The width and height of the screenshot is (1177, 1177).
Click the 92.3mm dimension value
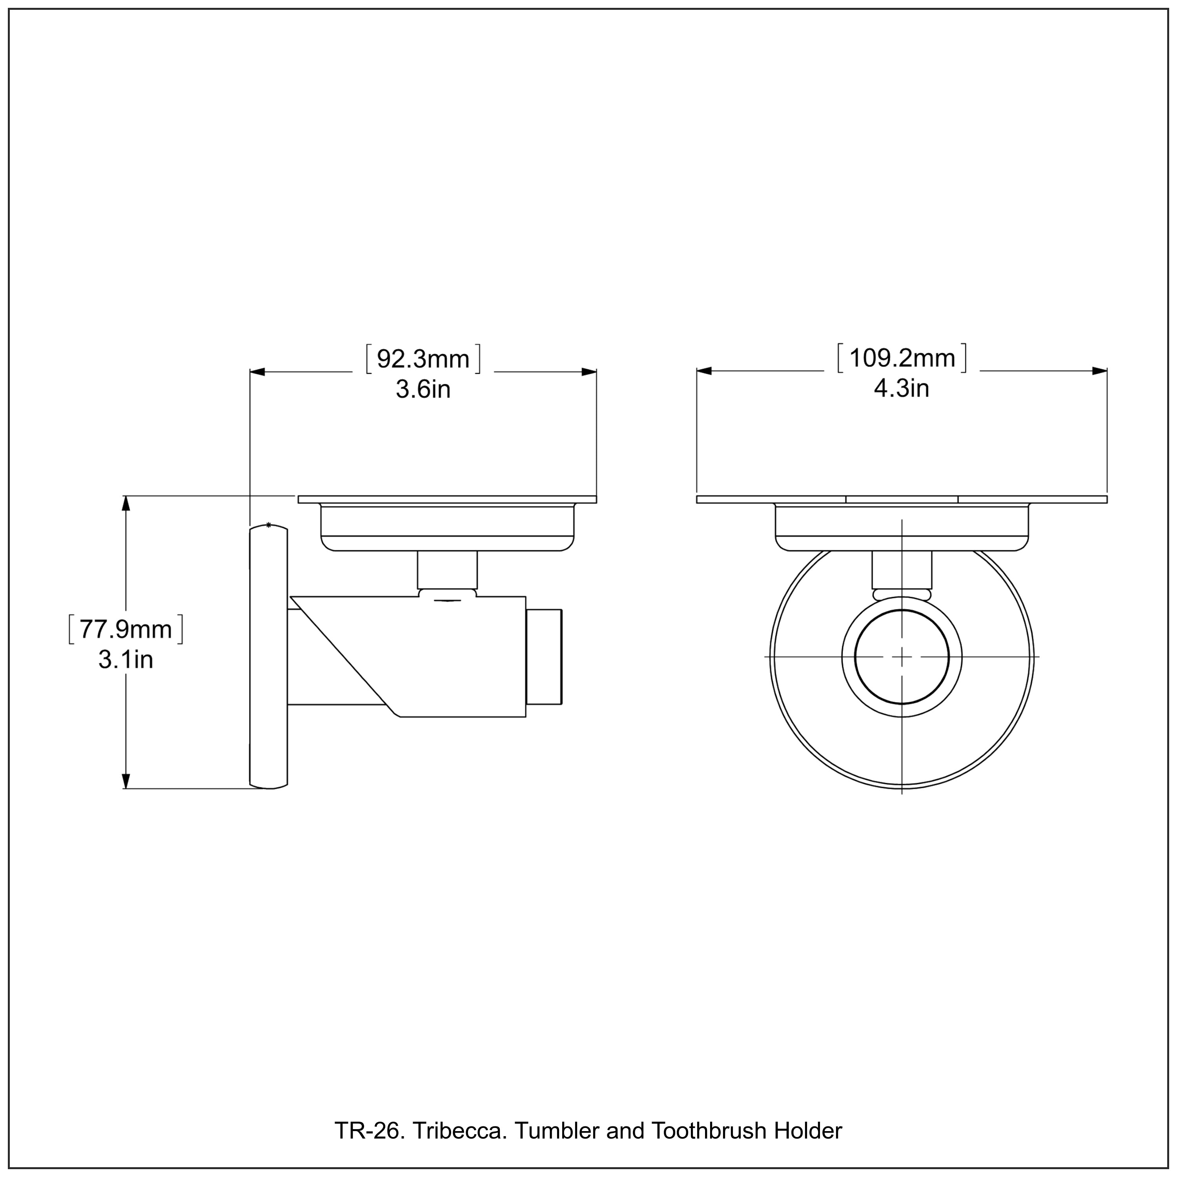(x=423, y=359)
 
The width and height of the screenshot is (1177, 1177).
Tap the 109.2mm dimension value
(x=902, y=358)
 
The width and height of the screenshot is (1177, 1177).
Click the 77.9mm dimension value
(x=126, y=629)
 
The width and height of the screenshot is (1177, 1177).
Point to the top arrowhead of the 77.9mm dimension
(x=126, y=504)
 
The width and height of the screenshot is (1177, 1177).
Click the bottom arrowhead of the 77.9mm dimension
(x=126, y=781)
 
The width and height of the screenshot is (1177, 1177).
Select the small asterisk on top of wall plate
(x=269, y=525)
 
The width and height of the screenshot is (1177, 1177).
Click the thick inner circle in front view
(x=856, y=657)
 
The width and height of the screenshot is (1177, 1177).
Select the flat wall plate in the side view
(x=269, y=658)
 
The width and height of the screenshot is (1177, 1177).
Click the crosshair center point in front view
(x=902, y=657)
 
